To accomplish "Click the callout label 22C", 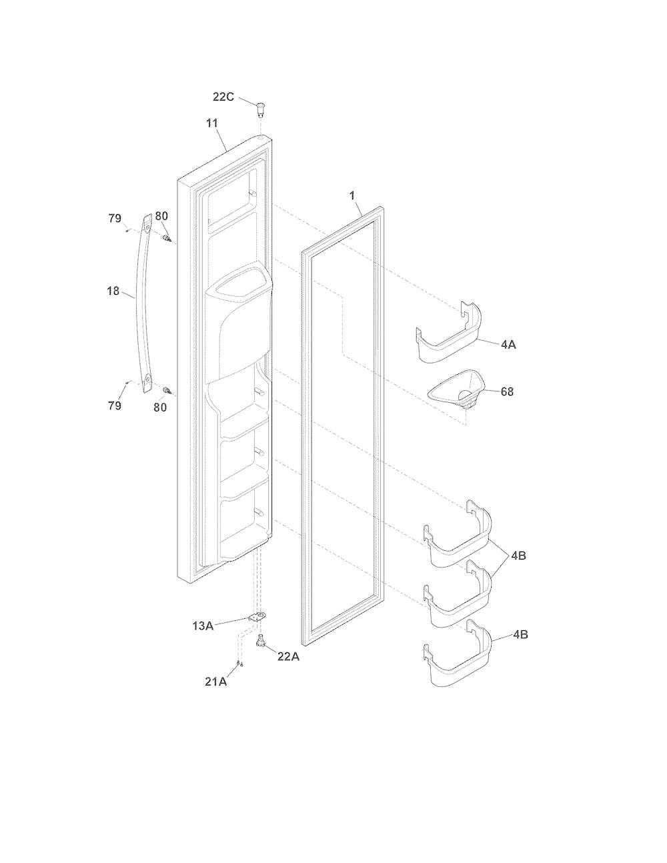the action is click(x=223, y=97).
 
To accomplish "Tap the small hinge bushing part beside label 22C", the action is click(x=261, y=109).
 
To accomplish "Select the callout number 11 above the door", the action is click(x=212, y=123).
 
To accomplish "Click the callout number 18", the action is click(x=113, y=291).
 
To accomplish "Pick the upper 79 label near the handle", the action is click(x=115, y=219).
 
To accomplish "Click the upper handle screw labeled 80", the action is click(x=167, y=238).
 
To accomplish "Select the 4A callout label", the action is click(x=508, y=344).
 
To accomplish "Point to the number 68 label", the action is click(x=507, y=391).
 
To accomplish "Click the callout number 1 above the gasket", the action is click(x=352, y=195).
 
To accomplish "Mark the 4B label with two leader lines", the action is click(x=518, y=556).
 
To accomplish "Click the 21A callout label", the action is click(x=216, y=682).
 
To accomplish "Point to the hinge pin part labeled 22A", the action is click(x=261, y=640).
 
